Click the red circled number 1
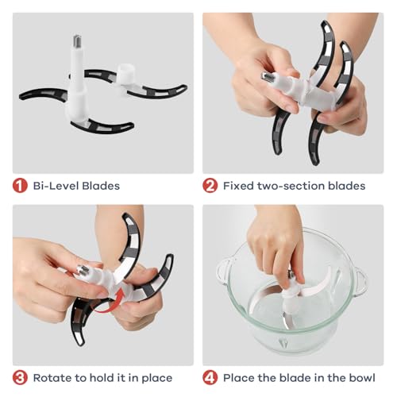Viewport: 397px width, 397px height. click(20, 186)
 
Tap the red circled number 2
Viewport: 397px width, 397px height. click(210, 186)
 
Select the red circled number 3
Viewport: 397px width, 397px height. click(20, 378)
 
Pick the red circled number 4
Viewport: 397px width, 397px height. click(210, 378)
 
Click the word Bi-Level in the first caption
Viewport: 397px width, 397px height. click(56, 186)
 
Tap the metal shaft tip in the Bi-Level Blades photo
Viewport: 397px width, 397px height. click(77, 42)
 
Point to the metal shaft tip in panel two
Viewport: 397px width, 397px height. click(268, 78)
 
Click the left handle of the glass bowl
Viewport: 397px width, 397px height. click(225, 271)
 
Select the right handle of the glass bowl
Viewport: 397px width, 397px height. click(361, 281)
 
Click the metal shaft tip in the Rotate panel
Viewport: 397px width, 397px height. click(83, 270)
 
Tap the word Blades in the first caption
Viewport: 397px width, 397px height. click(101, 186)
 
